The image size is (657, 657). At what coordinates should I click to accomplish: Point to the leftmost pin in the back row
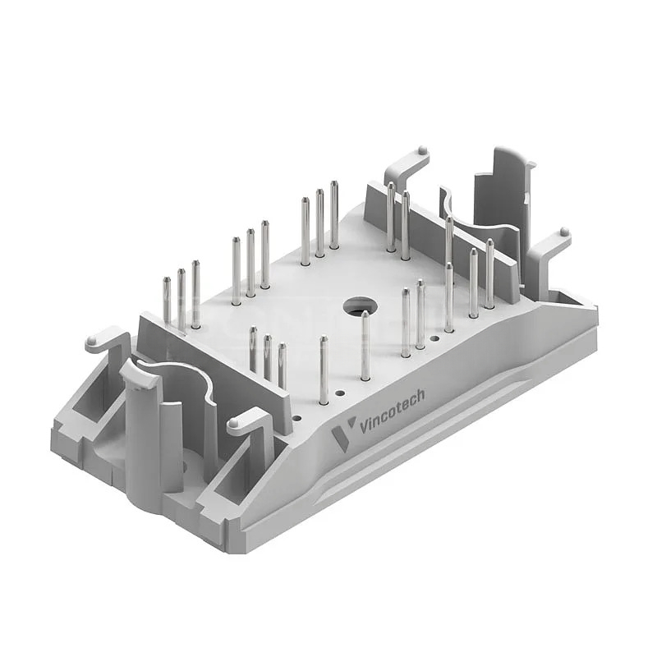point(167,300)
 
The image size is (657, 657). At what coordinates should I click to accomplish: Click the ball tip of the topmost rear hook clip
point(421,151)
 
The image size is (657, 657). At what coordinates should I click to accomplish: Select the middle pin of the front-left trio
point(267,357)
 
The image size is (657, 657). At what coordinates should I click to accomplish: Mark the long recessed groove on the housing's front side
point(435,460)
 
